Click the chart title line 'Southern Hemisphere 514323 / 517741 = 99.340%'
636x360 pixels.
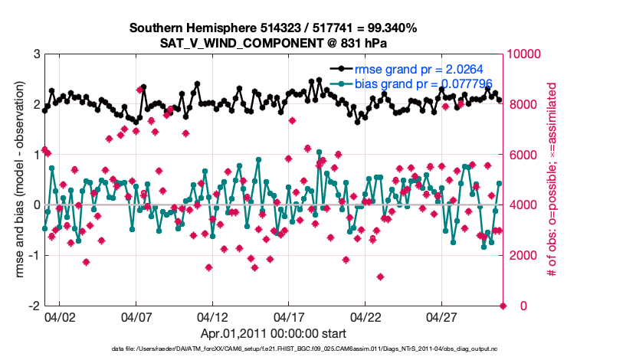click(273, 28)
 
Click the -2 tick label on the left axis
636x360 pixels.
click(34, 306)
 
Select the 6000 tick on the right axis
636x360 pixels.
click(520, 155)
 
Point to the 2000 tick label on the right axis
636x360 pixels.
click(520, 255)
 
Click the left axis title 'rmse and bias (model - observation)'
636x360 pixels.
click(17, 180)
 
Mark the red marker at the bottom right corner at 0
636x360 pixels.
click(503, 306)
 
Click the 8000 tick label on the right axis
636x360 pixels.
click(520, 105)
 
